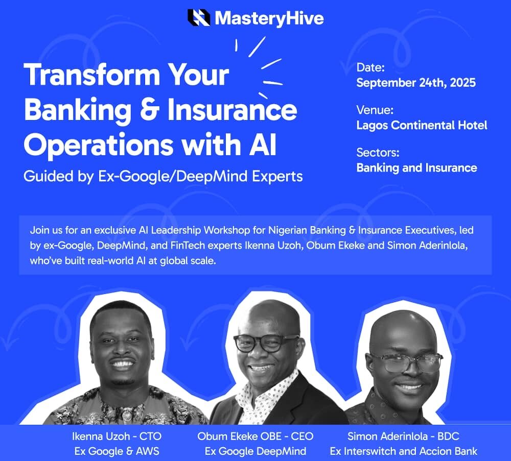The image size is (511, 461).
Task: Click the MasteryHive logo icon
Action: [199, 18]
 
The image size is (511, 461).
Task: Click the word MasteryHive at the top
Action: [269, 18]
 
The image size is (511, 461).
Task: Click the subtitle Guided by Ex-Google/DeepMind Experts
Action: [163, 177]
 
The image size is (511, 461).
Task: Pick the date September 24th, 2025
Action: [415, 83]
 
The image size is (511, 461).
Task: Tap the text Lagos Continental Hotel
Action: [422, 125]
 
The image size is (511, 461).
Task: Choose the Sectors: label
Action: [378, 152]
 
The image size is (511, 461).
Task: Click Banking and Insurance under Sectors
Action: [416, 167]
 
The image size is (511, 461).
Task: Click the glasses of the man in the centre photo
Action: [266, 343]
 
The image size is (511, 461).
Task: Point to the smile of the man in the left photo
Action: [123, 364]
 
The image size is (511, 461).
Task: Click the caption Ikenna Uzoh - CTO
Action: [117, 436]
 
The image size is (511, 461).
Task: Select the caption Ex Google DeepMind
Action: [255, 451]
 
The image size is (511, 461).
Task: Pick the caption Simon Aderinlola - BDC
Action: [403, 436]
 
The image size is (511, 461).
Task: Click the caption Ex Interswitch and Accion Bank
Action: [403, 451]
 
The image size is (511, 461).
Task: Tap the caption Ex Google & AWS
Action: [117, 451]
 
